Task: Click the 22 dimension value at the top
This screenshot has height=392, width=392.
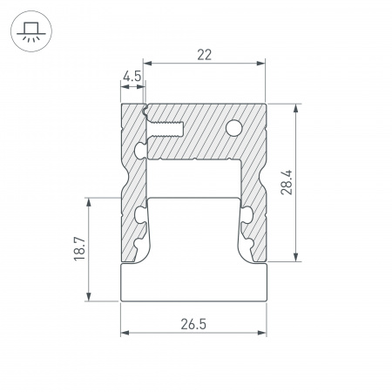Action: point(205,54)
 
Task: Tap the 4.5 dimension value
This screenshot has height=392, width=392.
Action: point(132,77)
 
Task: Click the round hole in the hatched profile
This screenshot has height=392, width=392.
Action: point(233,130)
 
